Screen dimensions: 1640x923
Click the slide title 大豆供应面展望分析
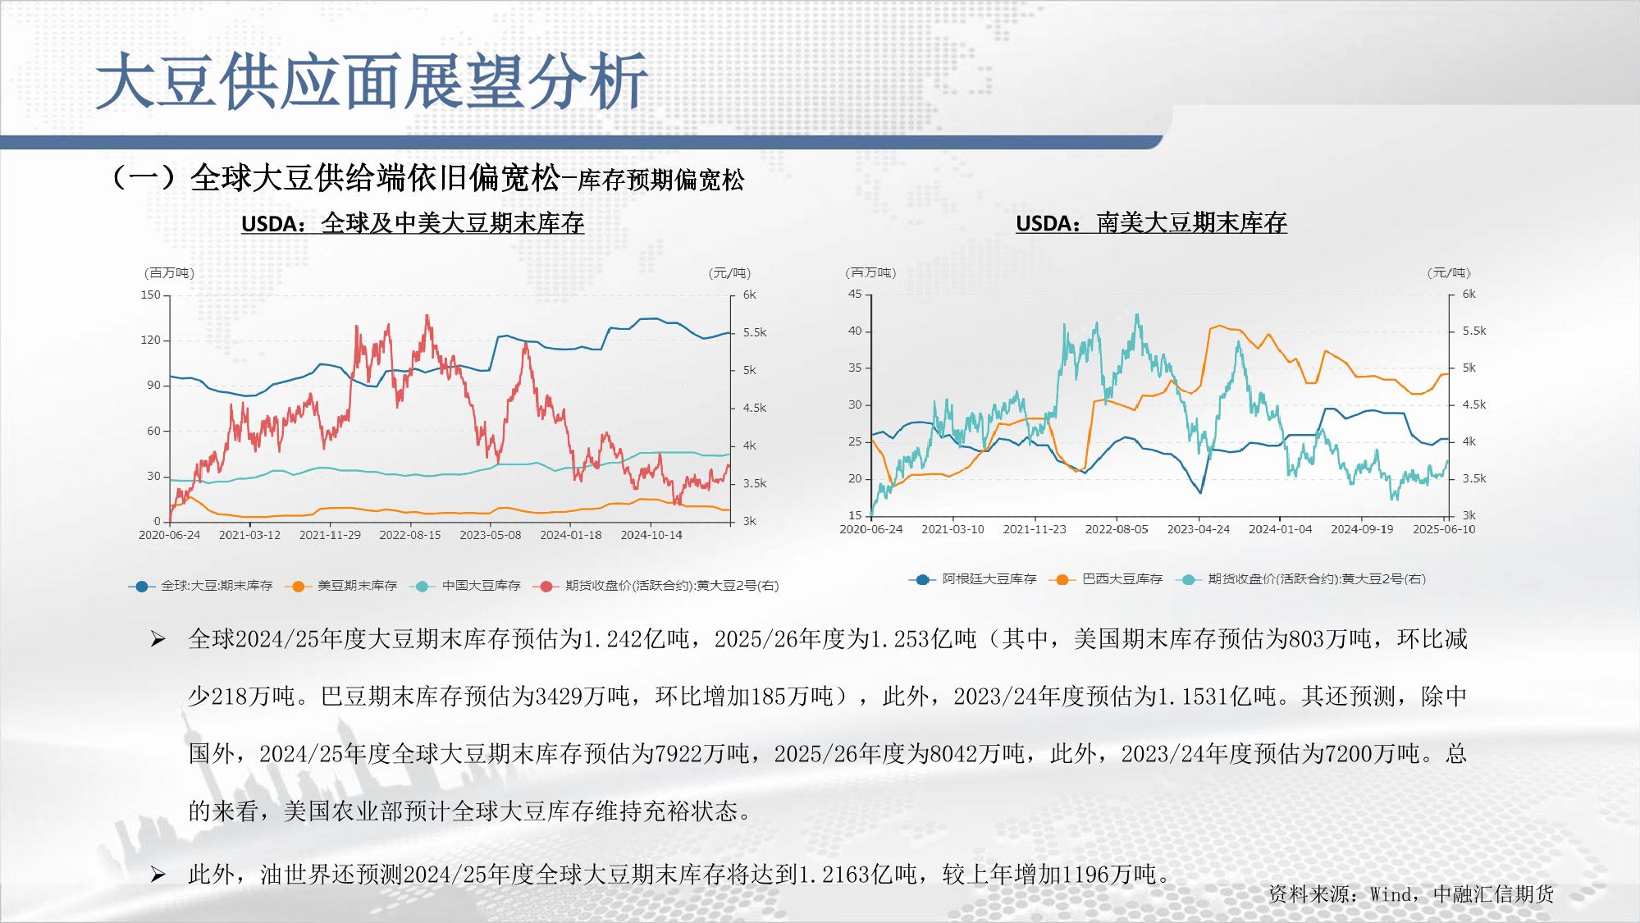click(372, 81)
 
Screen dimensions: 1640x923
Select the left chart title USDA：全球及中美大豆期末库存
click(413, 223)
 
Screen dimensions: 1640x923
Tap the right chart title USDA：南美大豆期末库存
click(1151, 223)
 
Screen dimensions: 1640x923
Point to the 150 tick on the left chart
click(151, 295)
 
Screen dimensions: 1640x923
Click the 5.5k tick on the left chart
click(755, 333)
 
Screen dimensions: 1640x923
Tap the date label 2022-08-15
click(410, 535)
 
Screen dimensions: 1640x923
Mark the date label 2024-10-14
click(651, 535)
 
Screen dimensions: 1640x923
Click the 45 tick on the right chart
click(855, 295)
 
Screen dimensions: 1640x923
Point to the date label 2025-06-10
click(1444, 529)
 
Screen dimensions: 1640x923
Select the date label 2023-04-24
click(1199, 529)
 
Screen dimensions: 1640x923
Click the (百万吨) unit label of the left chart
click(169, 273)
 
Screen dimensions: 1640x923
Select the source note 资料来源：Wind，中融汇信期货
click(1411, 894)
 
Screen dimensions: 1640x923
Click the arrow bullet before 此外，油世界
click(158, 875)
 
